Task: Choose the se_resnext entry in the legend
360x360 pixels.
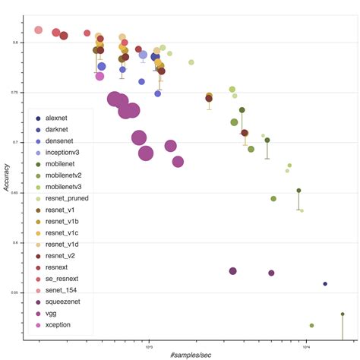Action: pos(63,279)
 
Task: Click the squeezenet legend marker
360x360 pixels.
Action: pos(38,302)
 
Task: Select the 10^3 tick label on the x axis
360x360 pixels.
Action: pos(149,346)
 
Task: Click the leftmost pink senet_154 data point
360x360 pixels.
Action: pos(39,30)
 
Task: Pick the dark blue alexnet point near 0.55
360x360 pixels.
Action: pos(325,283)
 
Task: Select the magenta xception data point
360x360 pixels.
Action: pos(99,76)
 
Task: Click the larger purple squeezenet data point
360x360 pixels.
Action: pos(233,271)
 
